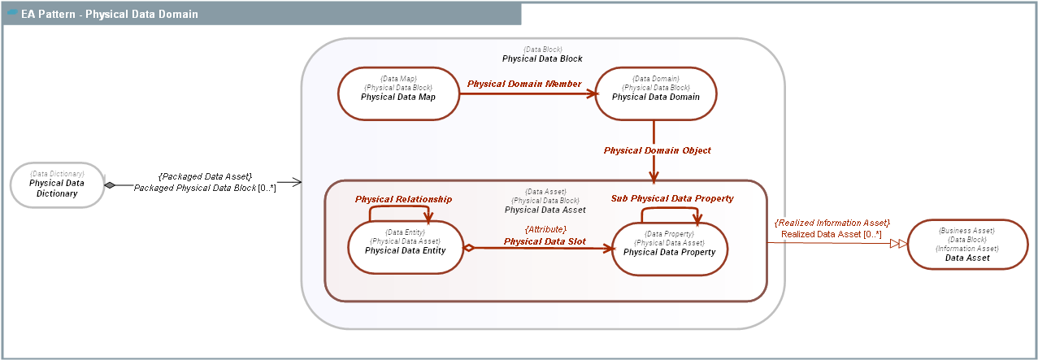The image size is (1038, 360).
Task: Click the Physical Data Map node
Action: pyautogui.click(x=398, y=92)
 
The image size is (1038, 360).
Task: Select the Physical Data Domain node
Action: pyautogui.click(x=655, y=92)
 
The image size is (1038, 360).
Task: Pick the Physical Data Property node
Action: pyautogui.click(x=669, y=248)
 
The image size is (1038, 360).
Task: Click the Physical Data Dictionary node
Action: pyautogui.click(x=57, y=184)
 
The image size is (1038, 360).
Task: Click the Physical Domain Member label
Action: pyautogui.click(x=524, y=84)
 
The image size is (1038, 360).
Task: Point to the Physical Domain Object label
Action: pyautogui.click(x=657, y=150)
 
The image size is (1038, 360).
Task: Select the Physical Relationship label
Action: pyautogui.click(x=403, y=199)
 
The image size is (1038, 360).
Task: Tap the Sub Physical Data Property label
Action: pyautogui.click(x=672, y=198)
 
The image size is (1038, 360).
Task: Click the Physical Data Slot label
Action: pyautogui.click(x=545, y=241)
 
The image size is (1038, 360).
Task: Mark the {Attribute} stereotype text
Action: pyautogui.click(x=545, y=229)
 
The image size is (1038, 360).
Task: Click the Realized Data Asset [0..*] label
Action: pyautogui.click(x=832, y=234)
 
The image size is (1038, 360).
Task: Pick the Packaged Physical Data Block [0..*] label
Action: pyautogui.click(x=205, y=188)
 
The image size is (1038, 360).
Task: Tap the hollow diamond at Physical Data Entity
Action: pyautogui.click(x=468, y=247)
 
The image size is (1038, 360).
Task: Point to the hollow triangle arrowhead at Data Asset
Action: pyautogui.click(x=897, y=243)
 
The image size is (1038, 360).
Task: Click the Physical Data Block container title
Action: pyautogui.click(x=542, y=59)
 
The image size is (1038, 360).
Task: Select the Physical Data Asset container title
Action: pyautogui.click(x=545, y=210)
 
